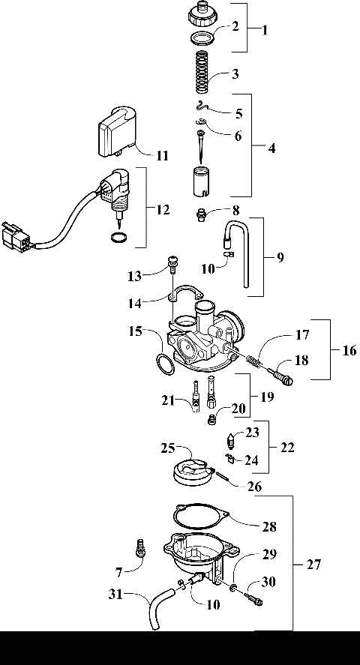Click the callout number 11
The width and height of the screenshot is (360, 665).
[162, 156]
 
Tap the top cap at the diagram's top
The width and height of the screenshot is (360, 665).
[201, 13]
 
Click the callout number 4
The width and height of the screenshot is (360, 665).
[271, 148]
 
